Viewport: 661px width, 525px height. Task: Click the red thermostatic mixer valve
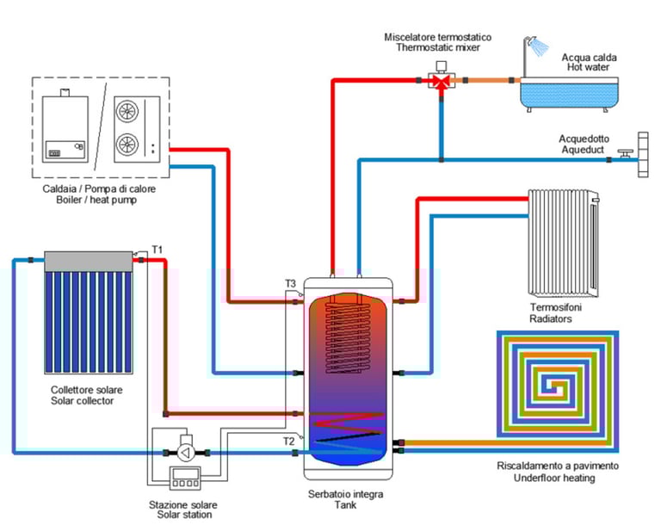[x=441, y=82]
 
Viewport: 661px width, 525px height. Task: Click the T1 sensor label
[x=158, y=250]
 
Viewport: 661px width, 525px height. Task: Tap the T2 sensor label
[x=291, y=442]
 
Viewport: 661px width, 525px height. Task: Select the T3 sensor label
[x=291, y=284]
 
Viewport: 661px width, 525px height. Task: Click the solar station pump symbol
[x=185, y=449]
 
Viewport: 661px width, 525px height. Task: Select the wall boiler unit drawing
[x=66, y=126]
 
